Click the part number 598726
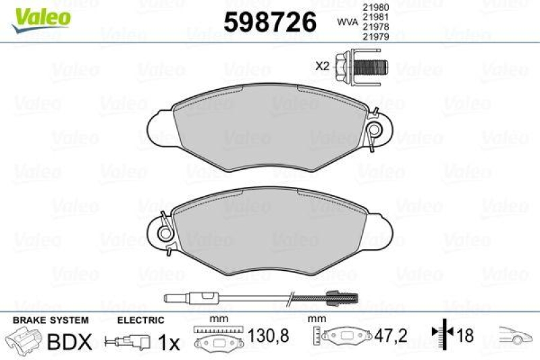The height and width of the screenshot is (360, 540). point(270,22)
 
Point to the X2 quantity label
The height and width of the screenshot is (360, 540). point(322,66)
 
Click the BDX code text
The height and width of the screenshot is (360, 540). point(68,342)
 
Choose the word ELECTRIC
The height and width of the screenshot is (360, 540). point(140,320)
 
